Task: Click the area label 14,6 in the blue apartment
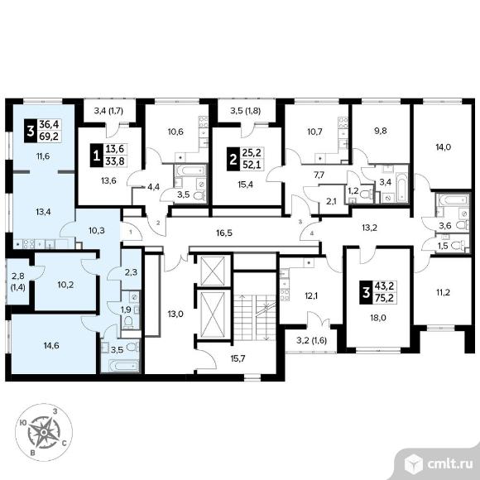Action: click(51, 346)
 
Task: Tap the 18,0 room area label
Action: click(377, 318)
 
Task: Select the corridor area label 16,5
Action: click(224, 233)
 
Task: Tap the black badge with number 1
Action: click(97, 156)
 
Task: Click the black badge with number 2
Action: click(233, 159)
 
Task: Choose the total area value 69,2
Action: click(49, 137)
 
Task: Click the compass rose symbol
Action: click(44, 432)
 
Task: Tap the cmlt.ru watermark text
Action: click(449, 464)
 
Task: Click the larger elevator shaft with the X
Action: click(212, 314)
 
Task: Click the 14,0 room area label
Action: click(444, 147)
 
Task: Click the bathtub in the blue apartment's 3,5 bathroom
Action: click(120, 366)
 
